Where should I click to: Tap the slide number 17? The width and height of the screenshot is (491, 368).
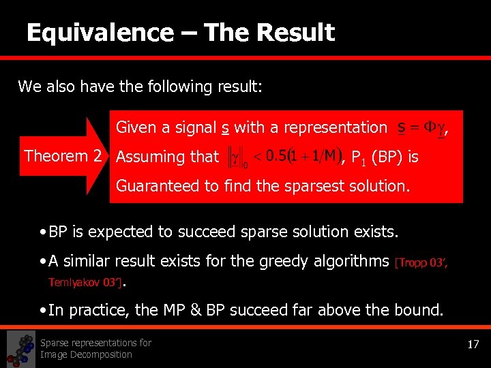point(473,345)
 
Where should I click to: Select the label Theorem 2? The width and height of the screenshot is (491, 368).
point(63,156)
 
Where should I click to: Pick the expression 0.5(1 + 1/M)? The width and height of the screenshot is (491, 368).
point(300,157)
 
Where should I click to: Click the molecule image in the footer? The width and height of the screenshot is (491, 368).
point(20,349)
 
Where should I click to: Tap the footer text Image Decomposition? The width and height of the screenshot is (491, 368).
point(86,354)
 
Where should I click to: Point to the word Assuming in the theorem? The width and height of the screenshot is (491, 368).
point(149,157)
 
